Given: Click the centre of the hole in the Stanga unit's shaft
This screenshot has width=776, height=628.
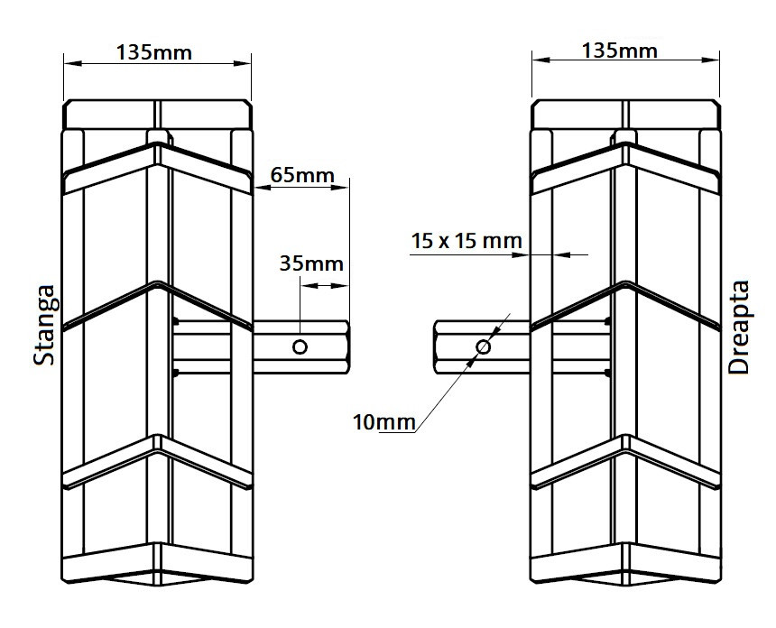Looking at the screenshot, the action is tap(300, 346).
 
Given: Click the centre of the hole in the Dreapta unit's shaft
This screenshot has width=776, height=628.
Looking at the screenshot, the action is tap(483, 346).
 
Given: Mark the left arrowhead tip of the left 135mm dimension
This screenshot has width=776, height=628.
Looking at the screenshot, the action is tap(64, 63).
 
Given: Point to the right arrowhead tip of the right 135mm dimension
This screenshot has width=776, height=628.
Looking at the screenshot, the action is tap(719, 60).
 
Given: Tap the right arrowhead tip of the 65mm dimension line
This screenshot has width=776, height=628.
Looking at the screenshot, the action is tap(349, 187).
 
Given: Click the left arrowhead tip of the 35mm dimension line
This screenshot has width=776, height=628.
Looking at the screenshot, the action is tap(300, 285).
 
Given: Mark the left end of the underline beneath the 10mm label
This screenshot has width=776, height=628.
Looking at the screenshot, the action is tap(379, 432).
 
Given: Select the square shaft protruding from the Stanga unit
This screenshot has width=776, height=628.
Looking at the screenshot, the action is tap(300, 346).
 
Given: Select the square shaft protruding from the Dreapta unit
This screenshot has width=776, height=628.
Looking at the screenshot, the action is tap(482, 346).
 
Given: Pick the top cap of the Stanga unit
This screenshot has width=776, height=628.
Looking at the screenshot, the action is tap(158, 115).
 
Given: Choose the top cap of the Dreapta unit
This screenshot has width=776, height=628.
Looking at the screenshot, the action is tap(625, 115).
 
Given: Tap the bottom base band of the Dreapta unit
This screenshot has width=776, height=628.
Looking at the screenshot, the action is tap(625, 564).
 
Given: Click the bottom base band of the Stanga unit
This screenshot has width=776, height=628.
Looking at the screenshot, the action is tap(157, 564).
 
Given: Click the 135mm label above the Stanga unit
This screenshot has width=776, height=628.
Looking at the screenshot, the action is tap(154, 52).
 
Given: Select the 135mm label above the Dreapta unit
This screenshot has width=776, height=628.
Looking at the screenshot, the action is tap(620, 51).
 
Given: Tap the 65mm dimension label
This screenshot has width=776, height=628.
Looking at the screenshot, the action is tap(302, 175).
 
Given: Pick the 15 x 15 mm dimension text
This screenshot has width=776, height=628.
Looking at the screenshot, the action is tap(467, 241).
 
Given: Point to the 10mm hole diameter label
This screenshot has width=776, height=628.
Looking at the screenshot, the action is tap(384, 422).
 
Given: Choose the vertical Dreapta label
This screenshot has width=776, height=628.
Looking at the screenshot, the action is tap(739, 328).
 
